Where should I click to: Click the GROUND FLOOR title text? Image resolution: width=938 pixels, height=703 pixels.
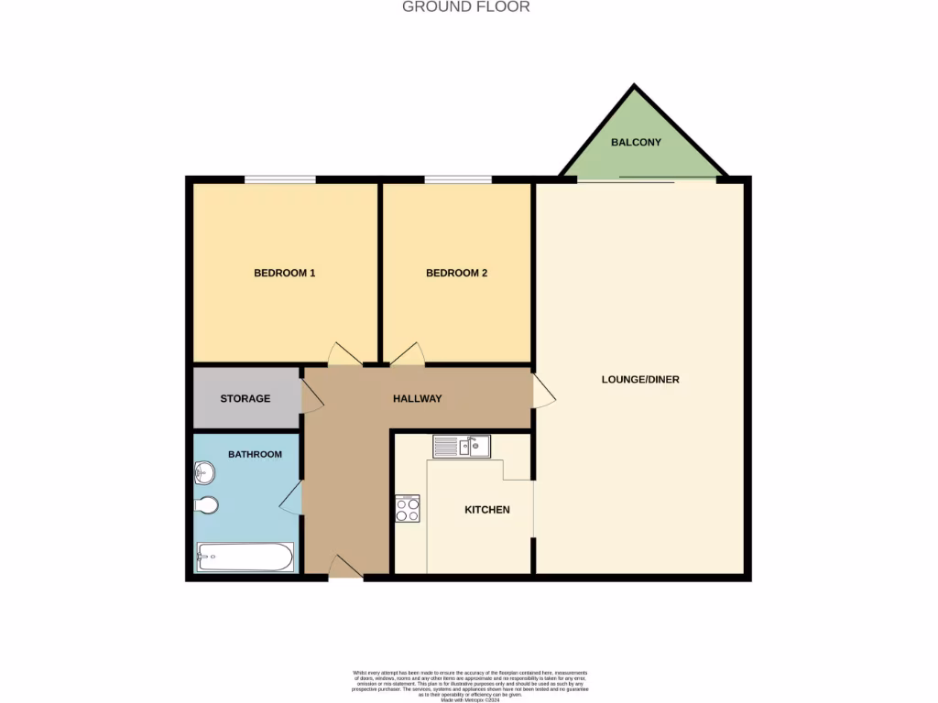(x=466, y=7)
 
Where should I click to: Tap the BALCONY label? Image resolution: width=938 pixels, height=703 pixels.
(x=636, y=143)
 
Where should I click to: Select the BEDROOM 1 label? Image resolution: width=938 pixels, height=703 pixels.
(x=285, y=273)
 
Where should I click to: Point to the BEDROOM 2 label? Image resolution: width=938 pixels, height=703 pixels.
(x=456, y=273)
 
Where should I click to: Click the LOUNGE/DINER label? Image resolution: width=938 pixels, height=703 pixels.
(x=640, y=379)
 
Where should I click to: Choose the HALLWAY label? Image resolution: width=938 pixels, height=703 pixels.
(x=417, y=398)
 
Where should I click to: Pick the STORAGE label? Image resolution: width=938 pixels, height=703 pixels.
(x=245, y=398)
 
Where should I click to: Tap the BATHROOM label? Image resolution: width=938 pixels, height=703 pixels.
(x=255, y=454)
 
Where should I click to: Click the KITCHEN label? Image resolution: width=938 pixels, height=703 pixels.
(x=487, y=509)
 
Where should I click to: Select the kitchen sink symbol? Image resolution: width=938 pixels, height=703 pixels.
(x=462, y=447)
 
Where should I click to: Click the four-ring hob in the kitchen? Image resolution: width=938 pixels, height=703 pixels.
(x=408, y=509)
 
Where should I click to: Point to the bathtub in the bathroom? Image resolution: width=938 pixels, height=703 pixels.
(x=245, y=557)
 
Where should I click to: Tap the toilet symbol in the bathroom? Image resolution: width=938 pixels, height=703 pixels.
(x=207, y=505)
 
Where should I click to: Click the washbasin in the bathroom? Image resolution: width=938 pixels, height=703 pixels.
(x=204, y=473)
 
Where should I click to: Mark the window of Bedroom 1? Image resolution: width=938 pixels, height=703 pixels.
(x=279, y=179)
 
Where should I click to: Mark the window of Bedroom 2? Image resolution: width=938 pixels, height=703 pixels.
(x=457, y=179)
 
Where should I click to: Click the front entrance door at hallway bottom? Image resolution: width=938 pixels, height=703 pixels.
(x=345, y=568)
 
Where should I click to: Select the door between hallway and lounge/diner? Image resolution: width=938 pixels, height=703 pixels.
(x=542, y=392)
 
